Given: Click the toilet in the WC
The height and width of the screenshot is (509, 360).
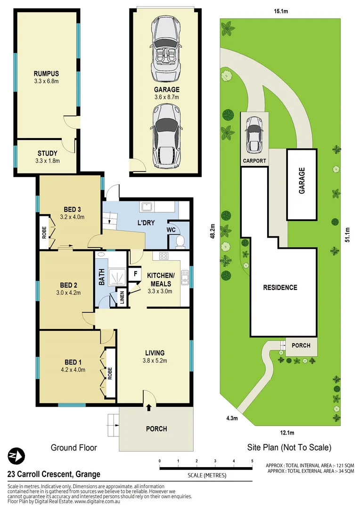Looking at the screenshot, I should point(180,241).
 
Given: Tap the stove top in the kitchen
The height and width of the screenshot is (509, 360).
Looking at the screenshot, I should point(164,256).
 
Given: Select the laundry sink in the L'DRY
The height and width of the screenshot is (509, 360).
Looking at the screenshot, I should point(146,206).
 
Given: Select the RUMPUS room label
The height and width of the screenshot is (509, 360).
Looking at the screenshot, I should point(46,74).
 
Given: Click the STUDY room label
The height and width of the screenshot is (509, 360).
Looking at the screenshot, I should point(47,153).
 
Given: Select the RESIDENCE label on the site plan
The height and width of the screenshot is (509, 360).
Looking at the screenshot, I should point(280,287).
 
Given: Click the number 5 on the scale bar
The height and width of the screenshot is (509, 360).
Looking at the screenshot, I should point(252,460).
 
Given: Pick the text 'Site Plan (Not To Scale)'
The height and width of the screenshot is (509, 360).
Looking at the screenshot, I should point(289,447).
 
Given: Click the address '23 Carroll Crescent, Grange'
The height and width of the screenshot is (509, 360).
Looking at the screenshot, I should point(54,475).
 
